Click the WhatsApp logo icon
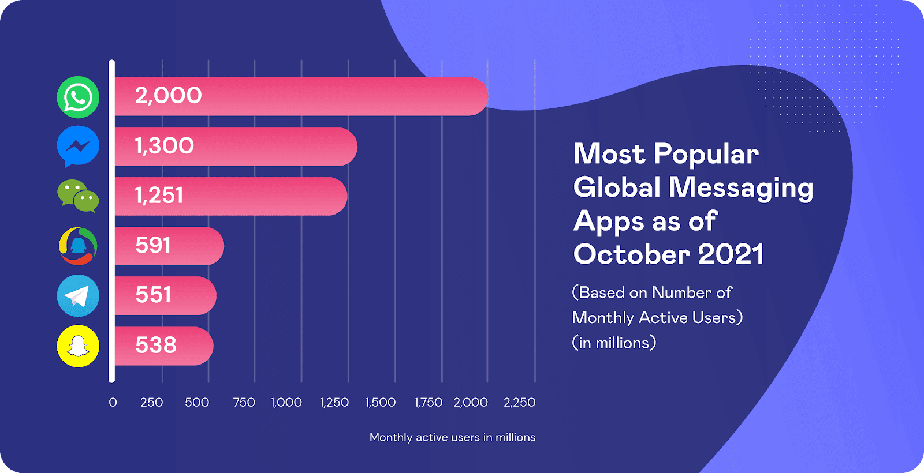tap(78, 97)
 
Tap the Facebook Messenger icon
tap(78, 146)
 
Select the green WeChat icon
tap(78, 196)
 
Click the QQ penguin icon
tap(78, 246)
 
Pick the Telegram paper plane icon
tap(78, 296)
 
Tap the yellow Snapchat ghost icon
tap(78, 346)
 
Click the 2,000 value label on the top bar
tap(168, 95)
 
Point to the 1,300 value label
tap(164, 146)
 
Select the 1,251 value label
tap(159, 196)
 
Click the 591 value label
tap(153, 246)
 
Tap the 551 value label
tap(153, 295)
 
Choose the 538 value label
tap(155, 345)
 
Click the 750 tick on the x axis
tap(244, 402)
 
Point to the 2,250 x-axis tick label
tap(519, 402)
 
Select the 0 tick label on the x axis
tap(113, 402)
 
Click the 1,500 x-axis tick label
tap(380, 402)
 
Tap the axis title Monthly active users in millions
tap(452, 437)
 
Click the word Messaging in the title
tap(741, 189)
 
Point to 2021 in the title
tap(731, 254)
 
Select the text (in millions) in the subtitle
tap(614, 343)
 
